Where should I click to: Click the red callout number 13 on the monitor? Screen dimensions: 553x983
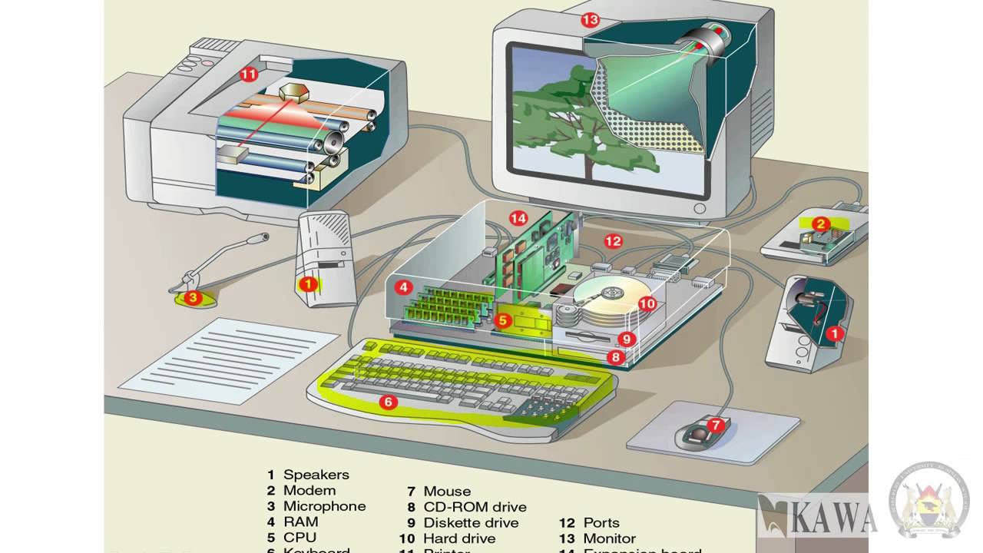point(590,20)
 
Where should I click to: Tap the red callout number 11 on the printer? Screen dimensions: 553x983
point(248,75)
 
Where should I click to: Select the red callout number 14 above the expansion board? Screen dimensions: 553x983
point(518,219)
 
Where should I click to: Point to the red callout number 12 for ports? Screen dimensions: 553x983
point(612,241)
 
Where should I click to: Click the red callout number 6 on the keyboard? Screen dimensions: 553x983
point(389,402)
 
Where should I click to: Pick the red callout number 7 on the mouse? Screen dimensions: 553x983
point(716,424)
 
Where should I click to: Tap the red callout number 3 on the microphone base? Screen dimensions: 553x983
point(193,297)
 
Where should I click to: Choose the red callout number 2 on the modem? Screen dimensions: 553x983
point(820,224)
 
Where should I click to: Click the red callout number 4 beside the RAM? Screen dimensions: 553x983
point(402,288)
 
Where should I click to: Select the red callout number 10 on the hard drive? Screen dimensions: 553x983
point(647,303)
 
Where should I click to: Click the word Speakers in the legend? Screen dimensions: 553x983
point(316,475)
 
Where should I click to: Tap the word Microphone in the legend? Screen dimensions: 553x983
point(324,506)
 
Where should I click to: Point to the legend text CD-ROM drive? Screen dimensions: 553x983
point(475,507)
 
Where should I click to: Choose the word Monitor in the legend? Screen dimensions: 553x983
point(609,538)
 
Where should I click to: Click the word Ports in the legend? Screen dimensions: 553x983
point(601,523)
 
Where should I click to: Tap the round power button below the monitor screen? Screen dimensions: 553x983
point(699,208)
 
